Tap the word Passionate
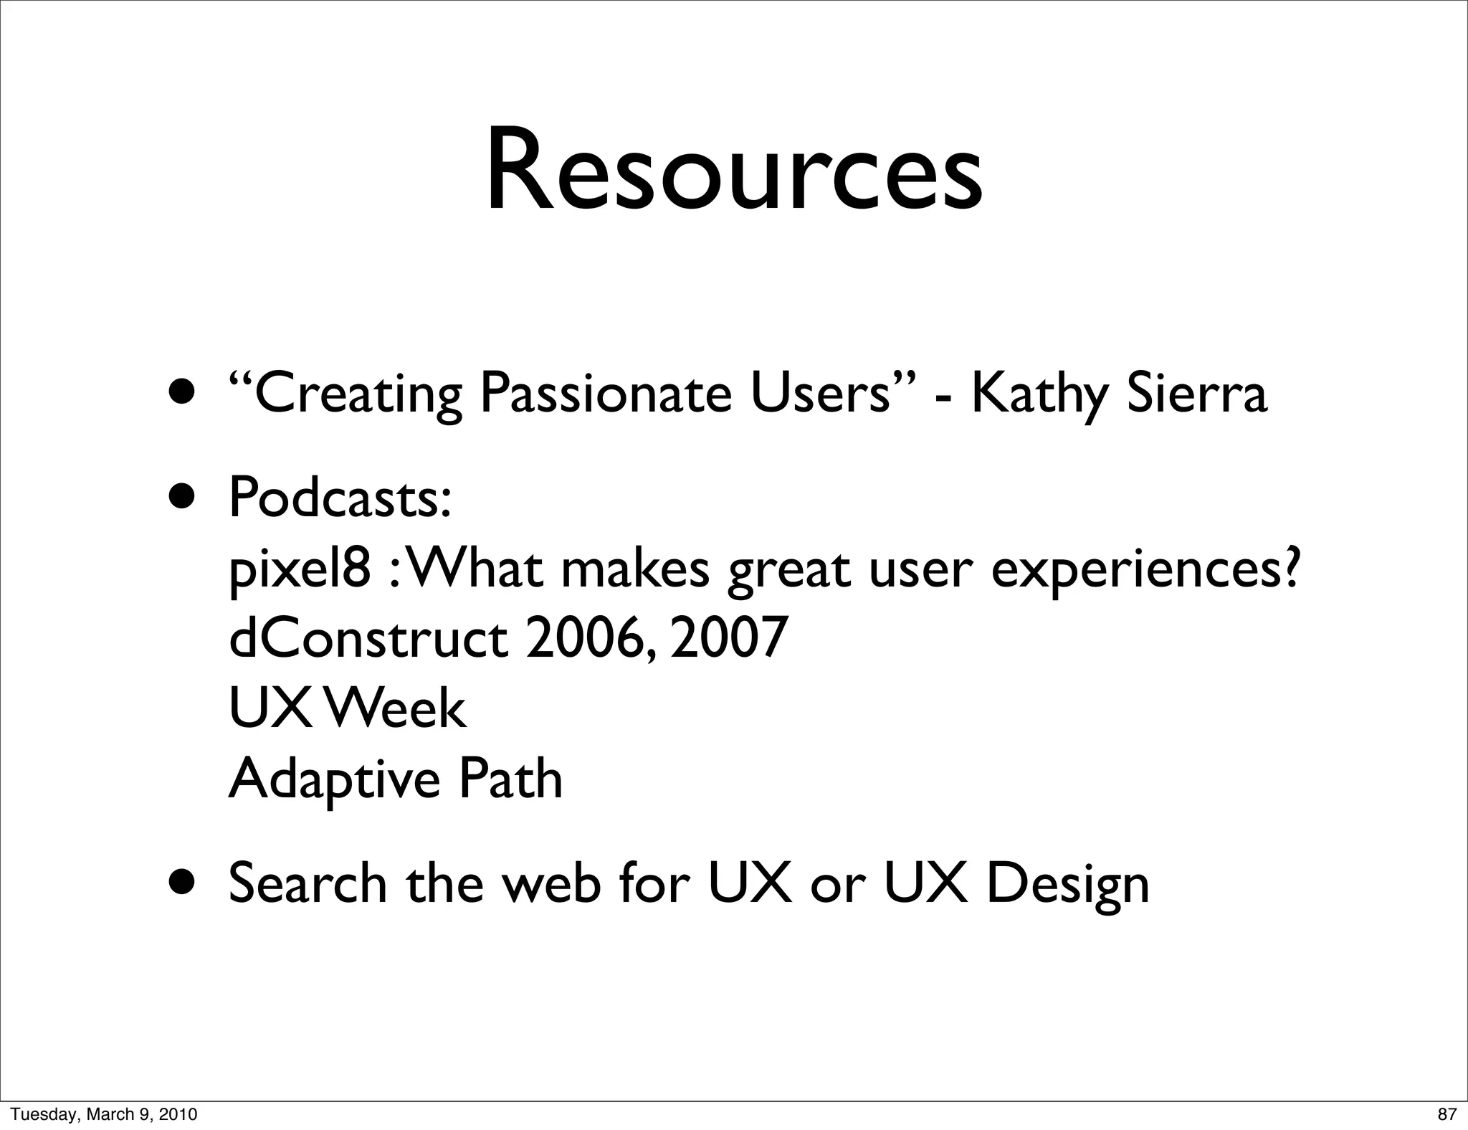pyautogui.click(x=606, y=395)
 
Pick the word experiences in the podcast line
pyautogui.click(x=1145, y=570)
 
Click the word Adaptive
pyautogui.click(x=334, y=779)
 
